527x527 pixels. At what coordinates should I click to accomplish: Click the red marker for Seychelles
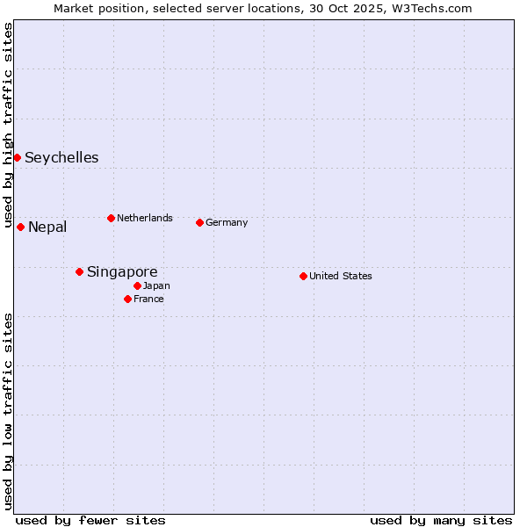click(x=17, y=157)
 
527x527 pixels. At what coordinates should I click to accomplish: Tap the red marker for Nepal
click(x=20, y=227)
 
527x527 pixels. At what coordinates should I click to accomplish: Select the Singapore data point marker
click(x=79, y=271)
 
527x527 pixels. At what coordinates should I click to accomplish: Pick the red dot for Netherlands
click(x=111, y=218)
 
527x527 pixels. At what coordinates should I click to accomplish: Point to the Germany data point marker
click(x=199, y=222)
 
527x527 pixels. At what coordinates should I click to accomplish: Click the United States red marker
click(x=303, y=276)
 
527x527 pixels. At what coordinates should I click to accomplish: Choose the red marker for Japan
click(x=137, y=285)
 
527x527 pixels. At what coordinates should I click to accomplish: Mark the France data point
click(x=127, y=299)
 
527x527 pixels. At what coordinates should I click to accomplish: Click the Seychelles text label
click(x=61, y=158)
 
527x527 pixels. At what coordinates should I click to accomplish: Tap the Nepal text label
click(x=47, y=227)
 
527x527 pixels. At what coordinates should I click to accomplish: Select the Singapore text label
click(x=122, y=272)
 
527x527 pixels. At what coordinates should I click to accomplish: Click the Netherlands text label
click(x=145, y=218)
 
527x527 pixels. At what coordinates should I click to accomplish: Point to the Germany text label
click(x=227, y=222)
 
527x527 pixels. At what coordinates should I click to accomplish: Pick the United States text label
click(x=341, y=276)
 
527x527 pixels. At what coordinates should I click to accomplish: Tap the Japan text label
click(x=156, y=285)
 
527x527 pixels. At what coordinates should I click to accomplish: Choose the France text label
click(x=148, y=299)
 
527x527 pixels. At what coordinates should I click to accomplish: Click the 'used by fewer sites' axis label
click(x=90, y=520)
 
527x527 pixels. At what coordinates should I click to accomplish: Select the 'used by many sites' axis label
click(x=441, y=520)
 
